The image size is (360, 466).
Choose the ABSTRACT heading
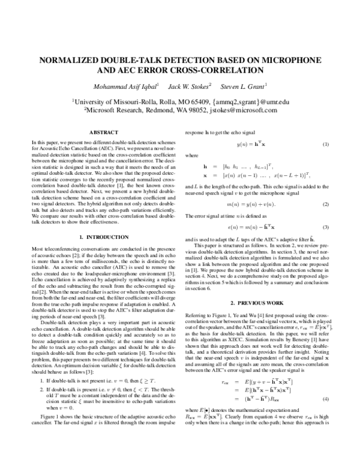[103, 132]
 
